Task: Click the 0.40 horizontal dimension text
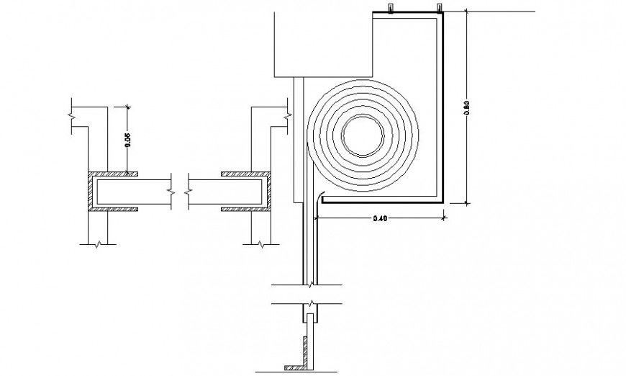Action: (x=381, y=218)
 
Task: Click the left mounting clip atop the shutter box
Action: (x=389, y=9)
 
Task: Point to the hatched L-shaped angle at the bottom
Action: (x=302, y=364)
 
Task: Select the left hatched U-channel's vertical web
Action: (x=91, y=192)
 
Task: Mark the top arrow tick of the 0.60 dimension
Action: (x=467, y=12)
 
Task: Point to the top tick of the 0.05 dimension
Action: (x=127, y=106)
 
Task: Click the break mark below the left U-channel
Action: (x=97, y=243)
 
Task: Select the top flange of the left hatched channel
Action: (x=114, y=174)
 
